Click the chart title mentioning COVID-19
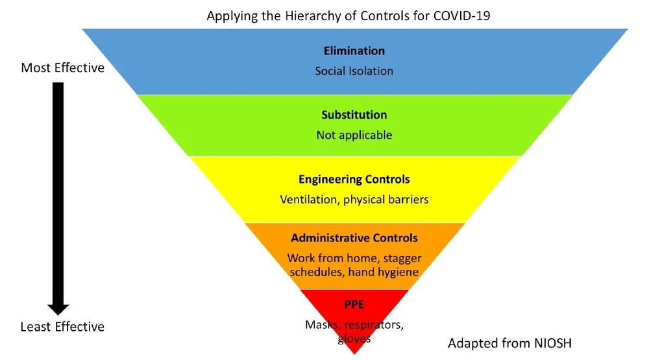point(348,16)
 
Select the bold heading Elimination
point(354,51)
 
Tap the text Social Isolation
point(354,71)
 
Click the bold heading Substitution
point(354,115)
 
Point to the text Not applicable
point(354,135)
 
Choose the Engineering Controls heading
point(354,179)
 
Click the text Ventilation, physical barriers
point(354,199)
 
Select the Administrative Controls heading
point(354,237)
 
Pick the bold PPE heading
point(354,304)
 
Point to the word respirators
point(374,324)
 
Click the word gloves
point(354,339)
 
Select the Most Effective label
point(62,67)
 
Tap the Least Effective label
point(62,326)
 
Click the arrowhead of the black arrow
point(58,309)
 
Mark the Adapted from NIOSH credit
point(509,342)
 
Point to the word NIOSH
point(551,342)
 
